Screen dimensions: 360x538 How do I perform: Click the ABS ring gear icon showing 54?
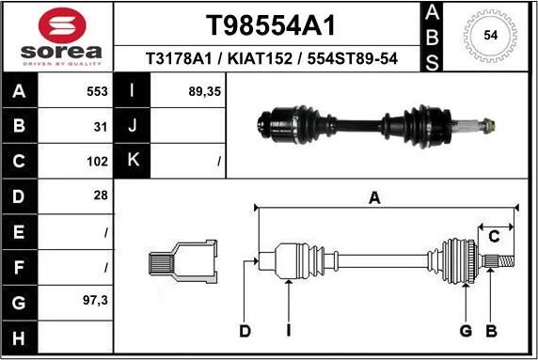click(489, 36)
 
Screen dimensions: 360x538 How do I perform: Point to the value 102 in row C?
click(98, 161)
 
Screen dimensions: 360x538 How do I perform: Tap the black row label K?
click(132, 161)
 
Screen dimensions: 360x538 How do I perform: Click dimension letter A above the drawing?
click(374, 197)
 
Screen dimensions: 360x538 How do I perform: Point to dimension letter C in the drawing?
click(494, 237)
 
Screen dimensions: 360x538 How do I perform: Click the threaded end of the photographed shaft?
click(487, 122)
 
